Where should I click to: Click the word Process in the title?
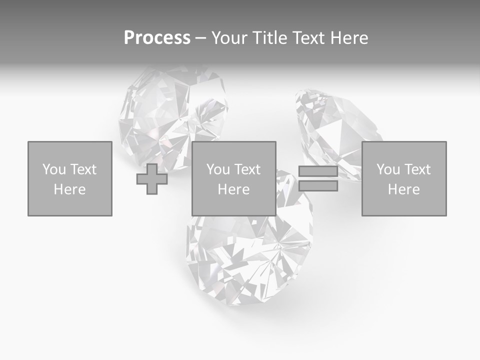157,37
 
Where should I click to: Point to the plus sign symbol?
152,179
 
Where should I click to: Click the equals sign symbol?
318,178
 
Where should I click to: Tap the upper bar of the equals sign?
318,171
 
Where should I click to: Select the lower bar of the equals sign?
318,186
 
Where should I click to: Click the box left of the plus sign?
70,178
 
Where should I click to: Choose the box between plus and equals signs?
234,178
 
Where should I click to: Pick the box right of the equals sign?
404,178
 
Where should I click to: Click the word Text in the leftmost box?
83,169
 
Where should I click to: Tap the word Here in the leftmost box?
70,189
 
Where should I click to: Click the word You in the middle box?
218,169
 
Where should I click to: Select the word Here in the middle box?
234,189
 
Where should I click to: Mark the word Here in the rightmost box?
404,189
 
